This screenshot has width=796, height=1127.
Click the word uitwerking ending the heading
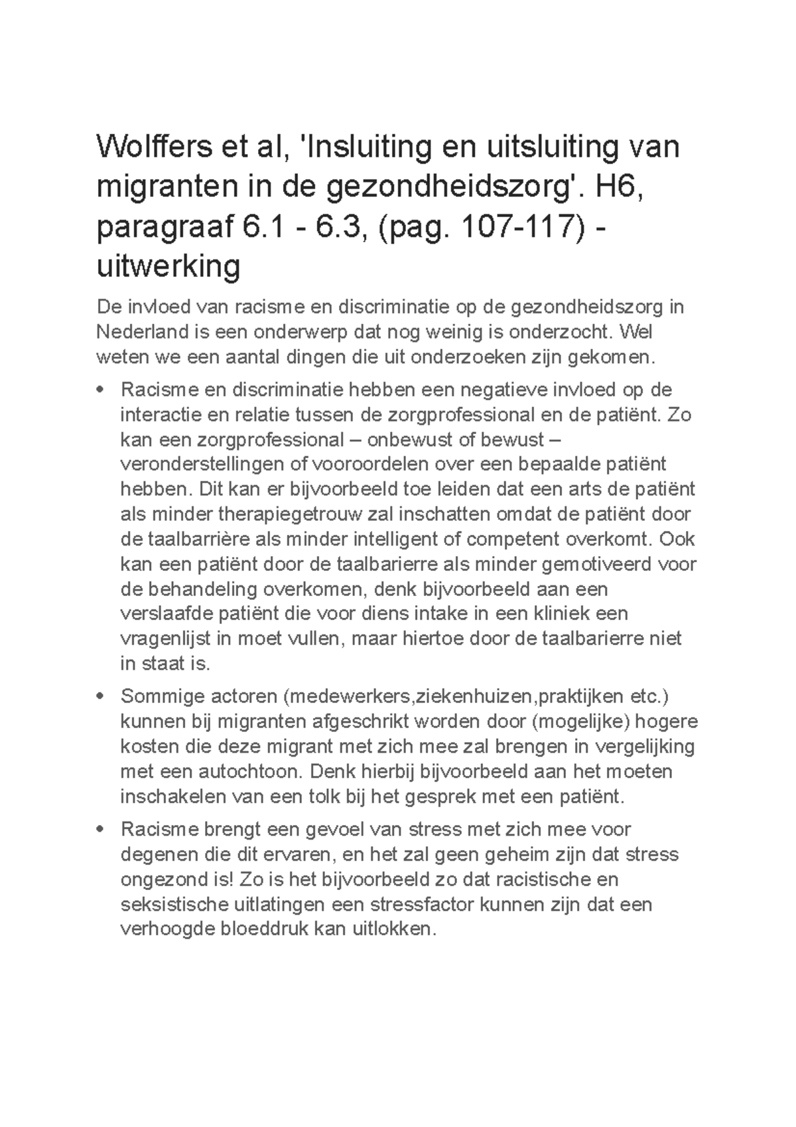[x=168, y=267]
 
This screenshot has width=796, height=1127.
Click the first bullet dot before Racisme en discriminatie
[x=101, y=391]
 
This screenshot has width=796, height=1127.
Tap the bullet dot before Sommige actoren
[x=101, y=698]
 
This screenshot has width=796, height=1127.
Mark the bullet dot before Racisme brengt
[x=101, y=830]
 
